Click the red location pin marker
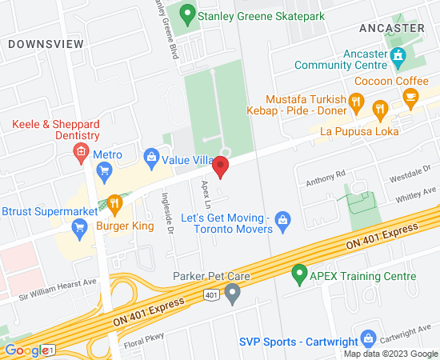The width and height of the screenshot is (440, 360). tap(220, 166)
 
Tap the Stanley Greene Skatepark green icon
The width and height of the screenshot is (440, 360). tap(187, 14)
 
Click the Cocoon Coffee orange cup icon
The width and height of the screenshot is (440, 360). tap(410, 98)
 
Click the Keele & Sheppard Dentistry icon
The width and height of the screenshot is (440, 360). tap(80, 151)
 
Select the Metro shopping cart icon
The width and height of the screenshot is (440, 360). tap(103, 170)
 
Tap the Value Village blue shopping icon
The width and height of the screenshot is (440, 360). tap(150, 157)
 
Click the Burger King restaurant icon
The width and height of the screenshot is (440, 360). tap(114, 204)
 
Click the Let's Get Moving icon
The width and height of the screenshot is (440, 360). tap(282, 218)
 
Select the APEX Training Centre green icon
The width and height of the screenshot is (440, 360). tap(299, 276)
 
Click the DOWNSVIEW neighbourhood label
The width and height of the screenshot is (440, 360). tap(46, 44)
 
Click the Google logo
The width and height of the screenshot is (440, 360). tap(26, 350)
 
